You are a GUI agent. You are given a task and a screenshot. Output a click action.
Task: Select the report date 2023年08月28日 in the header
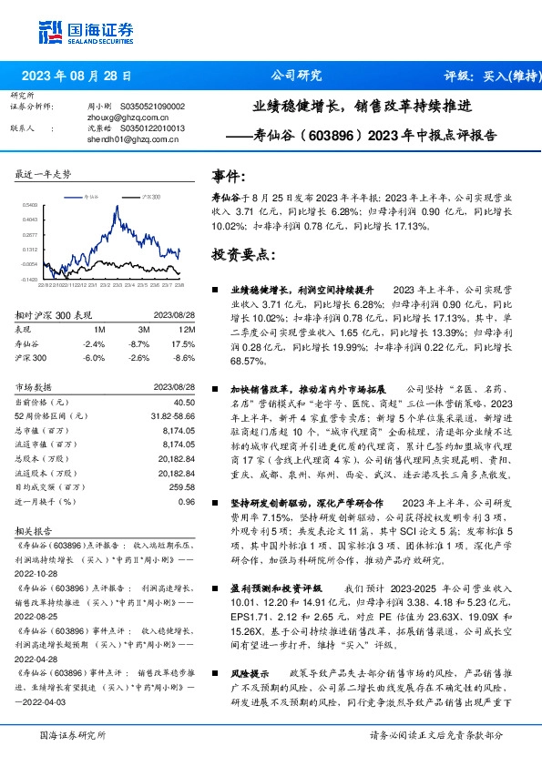click(81, 77)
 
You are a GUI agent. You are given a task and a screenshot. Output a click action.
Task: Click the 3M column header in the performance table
click(143, 328)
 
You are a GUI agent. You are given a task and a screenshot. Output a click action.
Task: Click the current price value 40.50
click(184, 402)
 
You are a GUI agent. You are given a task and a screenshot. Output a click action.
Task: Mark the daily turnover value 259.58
click(183, 486)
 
